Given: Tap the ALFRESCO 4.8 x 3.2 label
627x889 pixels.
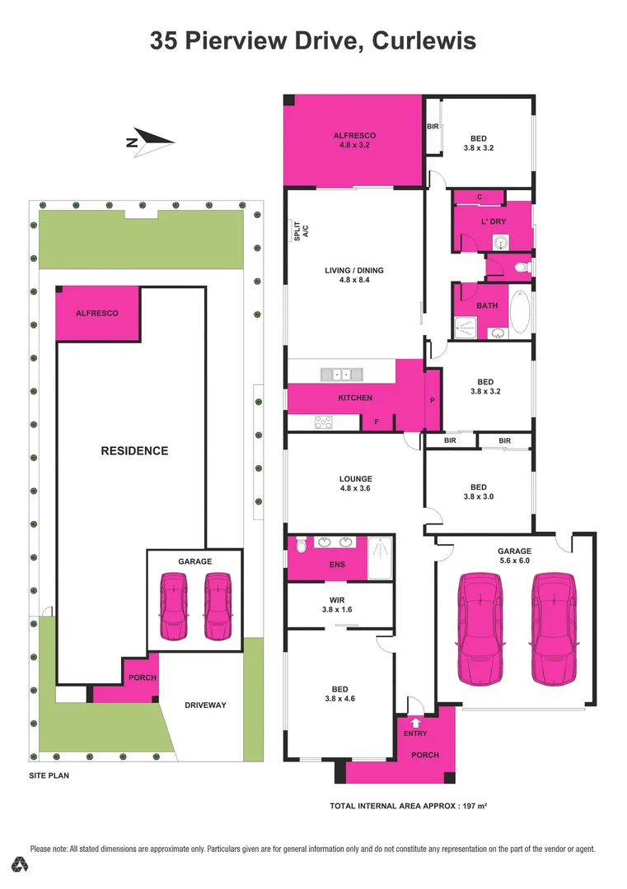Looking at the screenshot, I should pyautogui.click(x=354, y=140).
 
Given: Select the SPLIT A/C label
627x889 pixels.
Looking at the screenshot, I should pyautogui.click(x=302, y=231).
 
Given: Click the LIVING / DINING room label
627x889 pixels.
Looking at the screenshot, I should pyautogui.click(x=354, y=275).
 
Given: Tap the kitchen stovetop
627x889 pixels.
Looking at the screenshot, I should pyautogui.click(x=324, y=422).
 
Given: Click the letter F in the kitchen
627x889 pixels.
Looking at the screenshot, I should pyautogui.click(x=377, y=421).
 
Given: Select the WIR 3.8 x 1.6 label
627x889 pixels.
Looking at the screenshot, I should pyautogui.click(x=339, y=606).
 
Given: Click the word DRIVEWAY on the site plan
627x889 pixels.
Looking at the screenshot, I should pyautogui.click(x=205, y=705).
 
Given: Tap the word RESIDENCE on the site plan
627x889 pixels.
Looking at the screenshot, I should pyautogui.click(x=134, y=450).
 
